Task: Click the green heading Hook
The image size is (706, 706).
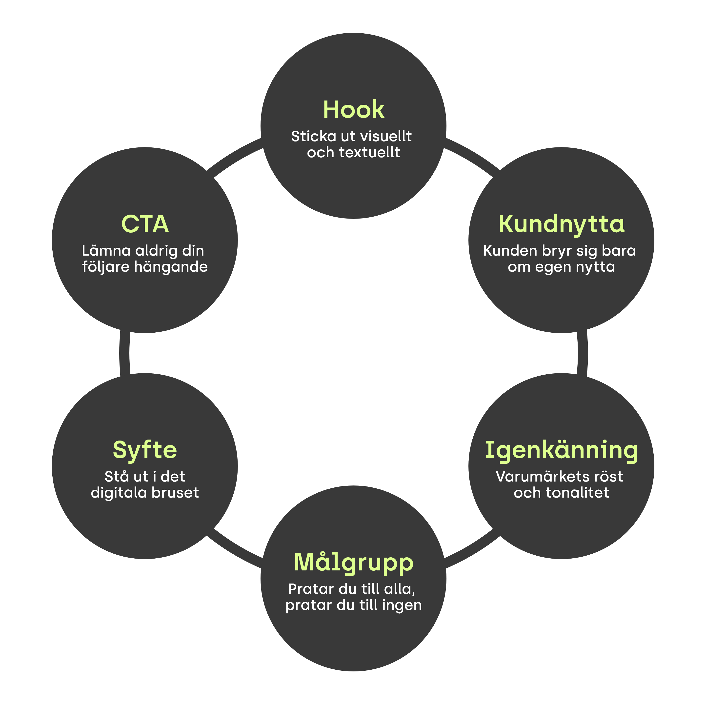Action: [353, 110]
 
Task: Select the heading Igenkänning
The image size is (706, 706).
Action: [561, 450]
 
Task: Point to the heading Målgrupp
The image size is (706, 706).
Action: [353, 563]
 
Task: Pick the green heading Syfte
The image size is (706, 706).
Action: [145, 450]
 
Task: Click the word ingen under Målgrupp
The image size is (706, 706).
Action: [402, 605]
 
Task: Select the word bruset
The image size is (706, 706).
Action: [175, 493]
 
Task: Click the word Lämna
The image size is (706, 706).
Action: [106, 251]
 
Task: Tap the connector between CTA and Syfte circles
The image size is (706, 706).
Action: [125, 353]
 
